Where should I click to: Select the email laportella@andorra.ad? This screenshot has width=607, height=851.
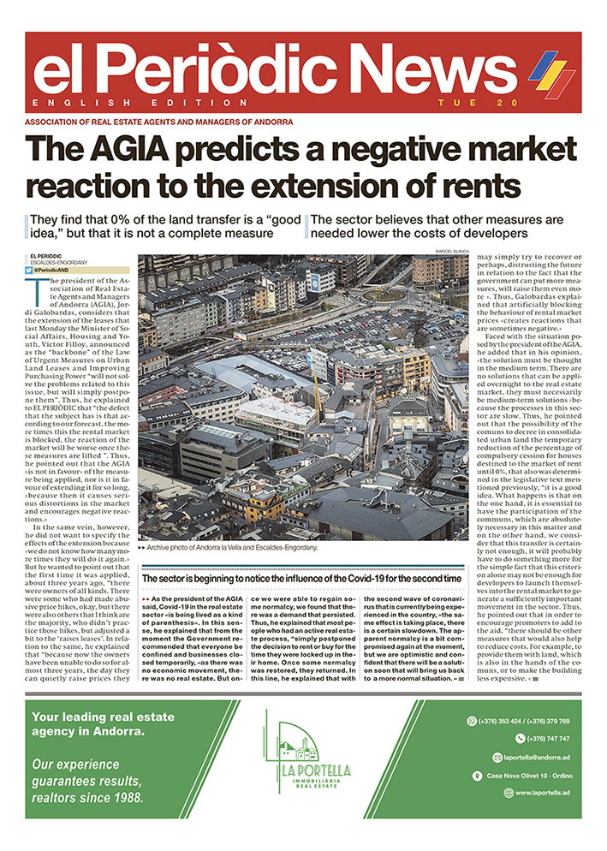538,757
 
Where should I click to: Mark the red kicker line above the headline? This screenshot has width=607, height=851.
160,122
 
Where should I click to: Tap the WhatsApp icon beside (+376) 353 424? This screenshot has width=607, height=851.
472,721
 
